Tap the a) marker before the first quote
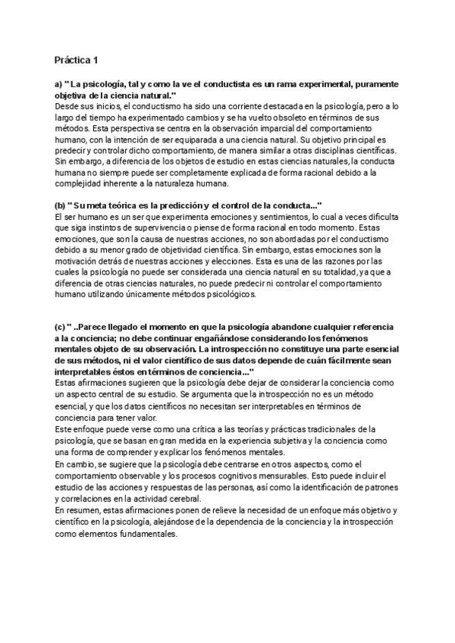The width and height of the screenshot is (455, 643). tap(58, 83)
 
